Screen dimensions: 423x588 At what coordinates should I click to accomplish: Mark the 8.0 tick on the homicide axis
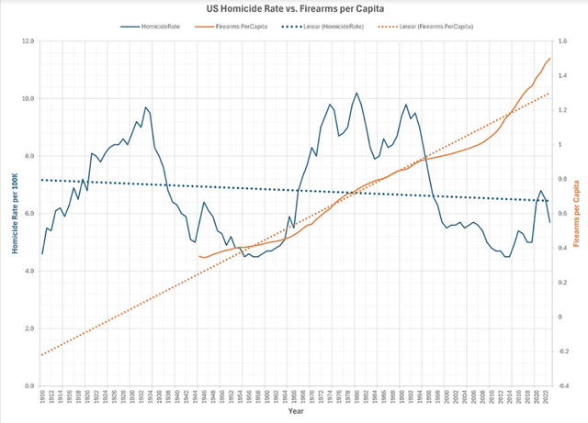28,157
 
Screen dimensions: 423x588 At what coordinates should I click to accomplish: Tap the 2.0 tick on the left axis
28,328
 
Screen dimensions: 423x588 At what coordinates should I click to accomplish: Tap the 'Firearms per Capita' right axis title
578,213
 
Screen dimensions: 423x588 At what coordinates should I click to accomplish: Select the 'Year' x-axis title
295,411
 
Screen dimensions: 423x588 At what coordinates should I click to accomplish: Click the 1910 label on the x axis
42,395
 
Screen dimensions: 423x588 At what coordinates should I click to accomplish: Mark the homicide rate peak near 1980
356,93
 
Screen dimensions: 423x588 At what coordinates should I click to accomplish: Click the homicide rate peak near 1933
145,107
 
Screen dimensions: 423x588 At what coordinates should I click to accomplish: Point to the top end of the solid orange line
549,59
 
